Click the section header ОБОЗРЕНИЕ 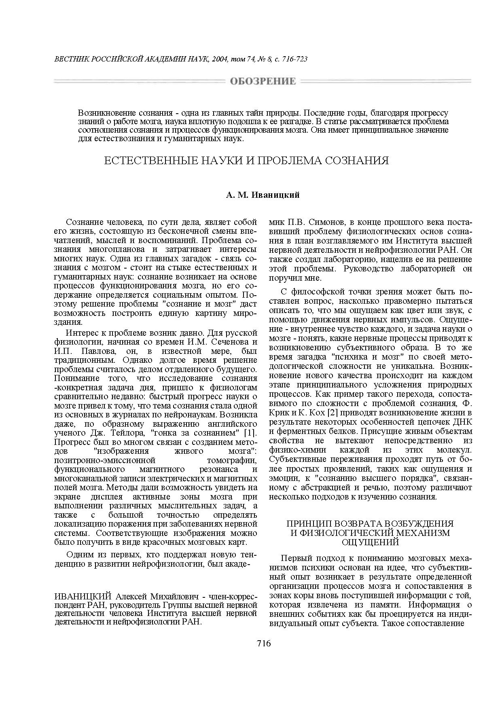click(263, 82)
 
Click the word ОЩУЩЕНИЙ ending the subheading click(371, 542)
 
